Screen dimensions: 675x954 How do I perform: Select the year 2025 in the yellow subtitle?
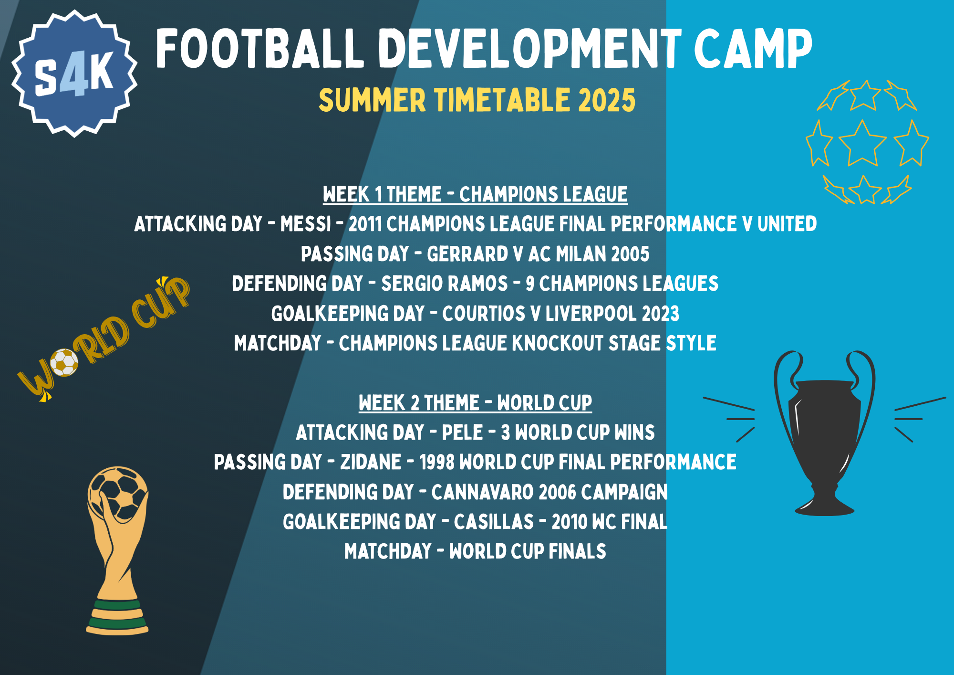(607, 100)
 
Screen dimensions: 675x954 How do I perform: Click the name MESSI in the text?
(305, 224)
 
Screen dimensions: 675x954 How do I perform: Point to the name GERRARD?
(467, 254)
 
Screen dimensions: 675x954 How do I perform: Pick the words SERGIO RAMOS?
(444, 284)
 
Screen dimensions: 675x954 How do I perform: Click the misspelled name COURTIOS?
(483, 314)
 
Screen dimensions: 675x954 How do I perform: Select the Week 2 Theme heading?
(475, 403)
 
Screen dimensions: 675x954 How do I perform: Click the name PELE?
(462, 432)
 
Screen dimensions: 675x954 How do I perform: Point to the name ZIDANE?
(371, 462)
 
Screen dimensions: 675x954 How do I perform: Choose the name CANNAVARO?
(482, 492)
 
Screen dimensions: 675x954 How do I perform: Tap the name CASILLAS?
(494, 522)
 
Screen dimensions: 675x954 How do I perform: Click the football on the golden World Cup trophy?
(118, 492)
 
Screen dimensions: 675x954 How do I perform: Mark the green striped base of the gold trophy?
(117, 616)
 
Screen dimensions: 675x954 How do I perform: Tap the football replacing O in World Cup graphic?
(64, 363)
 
